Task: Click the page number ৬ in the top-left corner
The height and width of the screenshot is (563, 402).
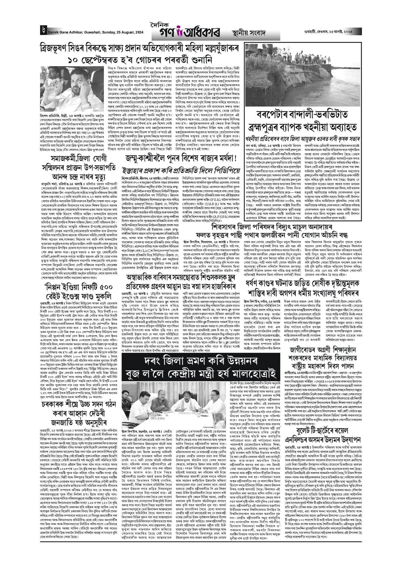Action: tap(42, 30)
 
